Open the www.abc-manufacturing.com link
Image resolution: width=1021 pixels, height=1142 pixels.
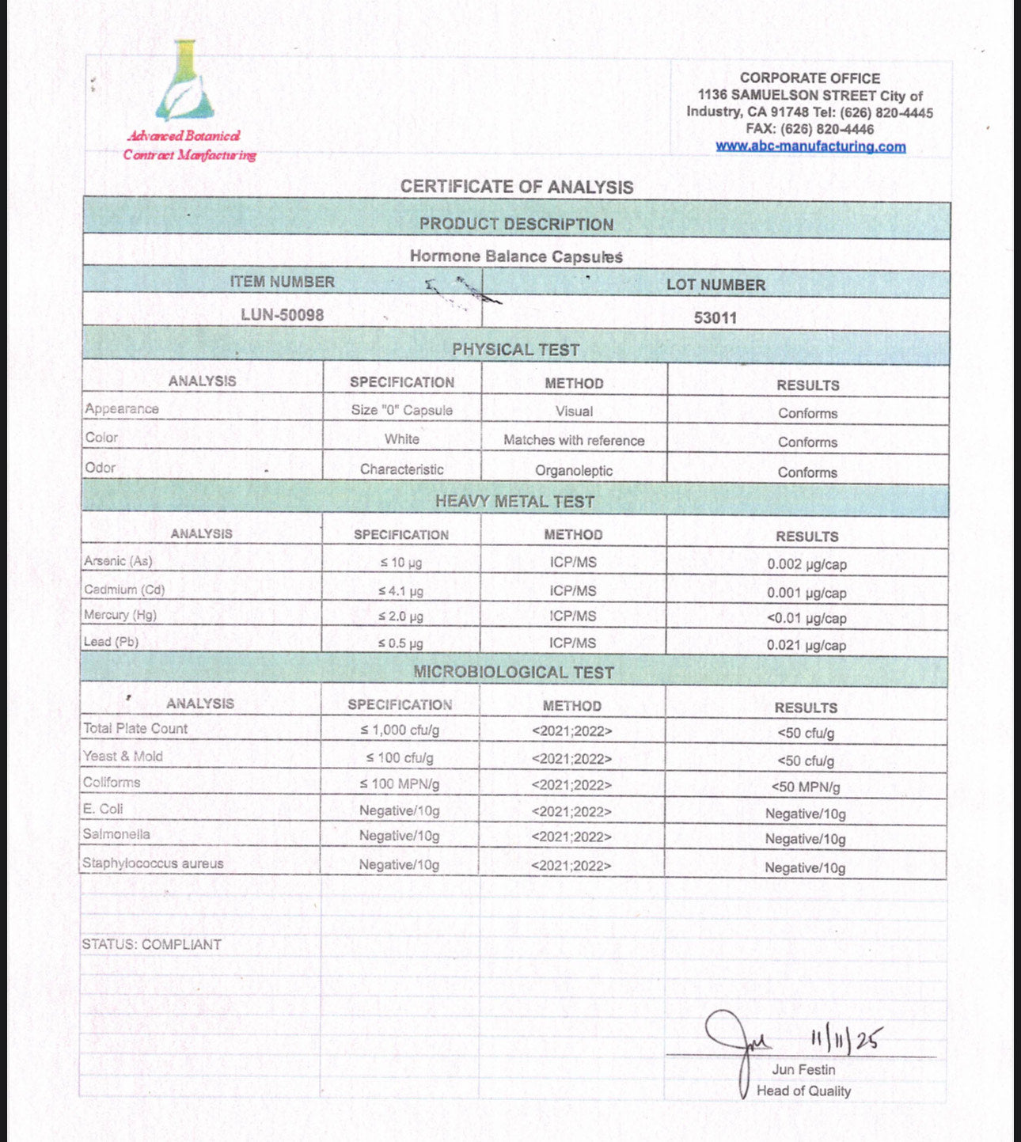point(810,146)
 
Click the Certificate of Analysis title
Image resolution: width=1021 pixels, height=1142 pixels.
point(516,187)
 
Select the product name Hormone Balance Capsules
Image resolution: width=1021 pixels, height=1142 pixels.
point(516,256)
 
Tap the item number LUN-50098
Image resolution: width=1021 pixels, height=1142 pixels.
point(283,315)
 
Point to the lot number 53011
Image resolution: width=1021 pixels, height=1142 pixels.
point(715,318)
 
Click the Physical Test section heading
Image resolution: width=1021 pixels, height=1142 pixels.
point(516,350)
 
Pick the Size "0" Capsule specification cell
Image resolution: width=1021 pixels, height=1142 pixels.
point(402,411)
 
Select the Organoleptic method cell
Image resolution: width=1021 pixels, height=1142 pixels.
point(574,471)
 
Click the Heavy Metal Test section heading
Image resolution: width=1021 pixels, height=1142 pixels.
point(514,502)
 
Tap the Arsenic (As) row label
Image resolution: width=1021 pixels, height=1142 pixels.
point(119,561)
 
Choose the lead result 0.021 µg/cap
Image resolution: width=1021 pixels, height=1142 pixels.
point(807,646)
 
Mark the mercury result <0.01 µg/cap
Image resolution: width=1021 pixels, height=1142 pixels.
point(807,619)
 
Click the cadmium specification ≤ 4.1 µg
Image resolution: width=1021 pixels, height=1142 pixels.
point(400,591)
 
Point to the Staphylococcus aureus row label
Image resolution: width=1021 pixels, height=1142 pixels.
point(153,863)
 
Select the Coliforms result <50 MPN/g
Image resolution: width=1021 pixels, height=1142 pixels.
point(806,787)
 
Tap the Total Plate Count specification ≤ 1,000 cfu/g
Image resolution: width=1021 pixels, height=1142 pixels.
point(400,730)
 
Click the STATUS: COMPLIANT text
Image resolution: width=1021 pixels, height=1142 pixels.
point(152,945)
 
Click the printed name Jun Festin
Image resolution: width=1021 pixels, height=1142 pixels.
point(803,1070)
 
